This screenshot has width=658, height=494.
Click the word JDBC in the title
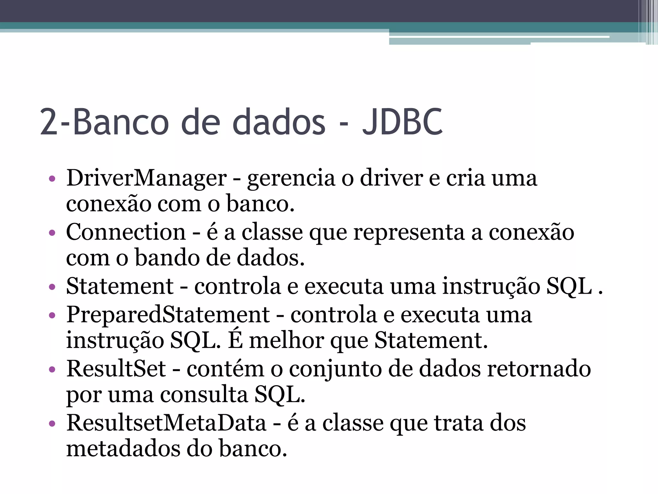click(x=402, y=122)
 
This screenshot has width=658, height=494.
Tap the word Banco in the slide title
click(x=121, y=122)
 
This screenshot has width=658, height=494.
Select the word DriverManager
click(x=147, y=178)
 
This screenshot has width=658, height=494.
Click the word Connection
click(x=126, y=232)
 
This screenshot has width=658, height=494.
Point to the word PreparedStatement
click(x=168, y=315)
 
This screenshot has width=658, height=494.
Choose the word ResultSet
click(x=116, y=369)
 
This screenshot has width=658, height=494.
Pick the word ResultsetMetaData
click(x=166, y=423)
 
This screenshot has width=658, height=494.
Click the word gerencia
click(x=291, y=179)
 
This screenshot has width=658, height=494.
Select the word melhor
click(x=287, y=341)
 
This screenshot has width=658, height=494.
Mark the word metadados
click(x=123, y=449)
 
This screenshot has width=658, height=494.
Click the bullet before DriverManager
click(x=52, y=178)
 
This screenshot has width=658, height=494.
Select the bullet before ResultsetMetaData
click(x=52, y=423)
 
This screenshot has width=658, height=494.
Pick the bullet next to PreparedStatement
click(x=52, y=315)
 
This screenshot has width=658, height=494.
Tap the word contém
click(x=225, y=369)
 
